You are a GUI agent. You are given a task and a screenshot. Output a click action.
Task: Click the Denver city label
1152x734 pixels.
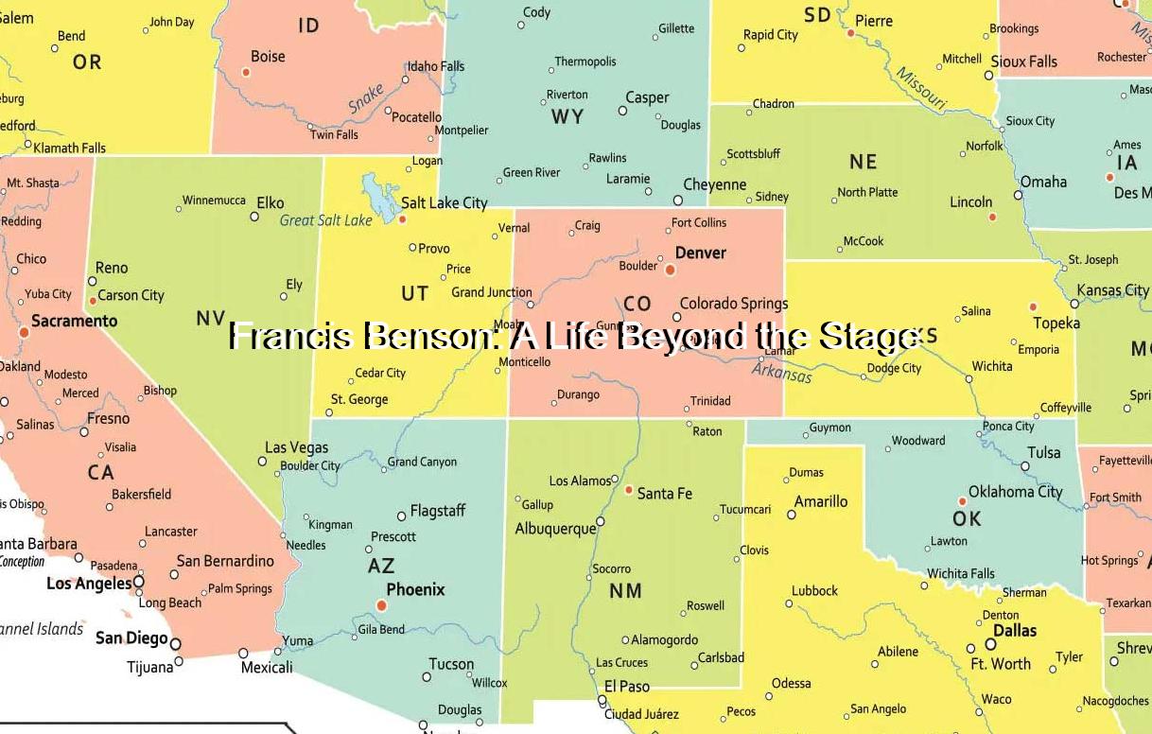pos(700,253)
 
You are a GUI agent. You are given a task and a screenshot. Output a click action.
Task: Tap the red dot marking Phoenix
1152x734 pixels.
pos(381,605)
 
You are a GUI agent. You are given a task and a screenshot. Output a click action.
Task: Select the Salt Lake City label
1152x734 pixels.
pos(444,202)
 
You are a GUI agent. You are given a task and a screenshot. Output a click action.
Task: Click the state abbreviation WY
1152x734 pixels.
pos(567,117)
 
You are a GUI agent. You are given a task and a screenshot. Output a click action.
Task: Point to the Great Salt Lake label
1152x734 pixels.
pos(326,220)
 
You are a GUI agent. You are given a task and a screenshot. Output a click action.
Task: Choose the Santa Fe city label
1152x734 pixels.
pos(664,493)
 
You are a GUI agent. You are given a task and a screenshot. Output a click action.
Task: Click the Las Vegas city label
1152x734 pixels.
pos(296,447)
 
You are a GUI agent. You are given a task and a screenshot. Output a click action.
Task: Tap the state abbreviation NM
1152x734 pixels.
pos(625,591)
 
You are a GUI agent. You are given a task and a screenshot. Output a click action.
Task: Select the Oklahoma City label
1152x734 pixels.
pos(1015,492)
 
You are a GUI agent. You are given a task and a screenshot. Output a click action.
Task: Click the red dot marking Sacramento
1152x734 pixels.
pos(25,332)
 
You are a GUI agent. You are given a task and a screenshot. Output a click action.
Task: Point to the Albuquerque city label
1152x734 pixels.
pos(555,529)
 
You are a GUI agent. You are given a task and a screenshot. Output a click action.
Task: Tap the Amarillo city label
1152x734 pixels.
pos(820,501)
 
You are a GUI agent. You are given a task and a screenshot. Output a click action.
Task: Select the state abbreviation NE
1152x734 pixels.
pos(863,162)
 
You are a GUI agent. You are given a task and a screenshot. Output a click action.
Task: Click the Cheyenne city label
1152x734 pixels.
pos(714,184)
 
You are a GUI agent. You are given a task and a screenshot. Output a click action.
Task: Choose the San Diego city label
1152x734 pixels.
pos(131,638)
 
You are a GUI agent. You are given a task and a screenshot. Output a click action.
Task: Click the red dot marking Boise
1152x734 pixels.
pos(246,72)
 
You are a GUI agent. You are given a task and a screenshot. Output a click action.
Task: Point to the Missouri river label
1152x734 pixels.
pos(920,88)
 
